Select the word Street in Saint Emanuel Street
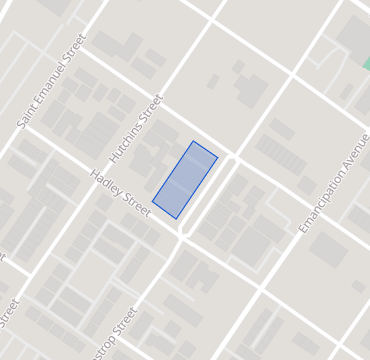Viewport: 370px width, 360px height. click(76, 46)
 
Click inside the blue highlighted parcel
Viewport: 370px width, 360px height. click(185, 179)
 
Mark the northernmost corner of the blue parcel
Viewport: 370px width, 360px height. click(194, 141)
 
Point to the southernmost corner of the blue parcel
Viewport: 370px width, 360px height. click(177, 218)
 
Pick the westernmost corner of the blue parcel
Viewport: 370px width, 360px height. click(152, 203)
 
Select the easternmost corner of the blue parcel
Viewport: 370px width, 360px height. click(218, 156)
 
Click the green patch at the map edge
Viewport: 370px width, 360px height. click(365, 63)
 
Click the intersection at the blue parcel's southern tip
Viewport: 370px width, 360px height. click(182, 234)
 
